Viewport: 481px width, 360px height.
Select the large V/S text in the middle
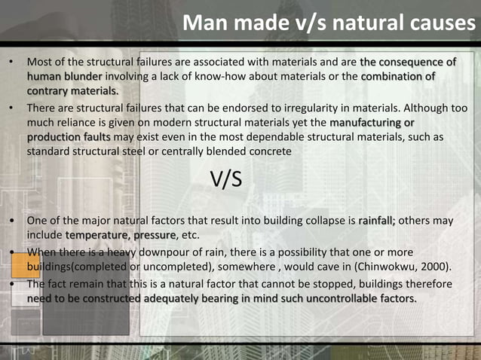tap(226, 181)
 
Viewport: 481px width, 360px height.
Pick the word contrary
tap(50, 90)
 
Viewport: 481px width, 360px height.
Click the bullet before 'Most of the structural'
tap(11, 62)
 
